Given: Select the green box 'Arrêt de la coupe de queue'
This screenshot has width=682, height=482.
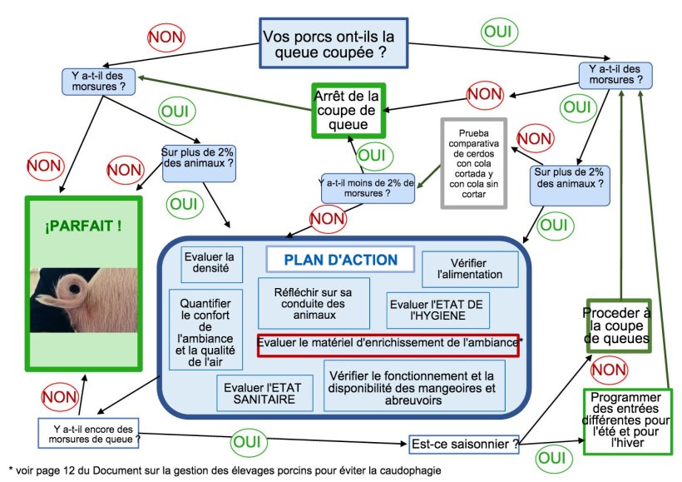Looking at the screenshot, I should (350, 110).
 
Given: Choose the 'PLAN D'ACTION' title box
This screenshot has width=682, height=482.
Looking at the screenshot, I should (341, 260).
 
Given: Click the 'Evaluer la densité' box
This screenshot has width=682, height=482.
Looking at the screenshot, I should (212, 262).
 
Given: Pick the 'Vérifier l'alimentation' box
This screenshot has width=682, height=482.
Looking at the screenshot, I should (470, 268).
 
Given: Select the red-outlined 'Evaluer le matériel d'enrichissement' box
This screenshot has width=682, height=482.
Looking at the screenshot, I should (388, 344).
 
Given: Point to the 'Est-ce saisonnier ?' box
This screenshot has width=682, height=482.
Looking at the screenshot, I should (464, 444).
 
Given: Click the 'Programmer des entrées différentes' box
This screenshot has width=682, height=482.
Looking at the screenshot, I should (627, 421).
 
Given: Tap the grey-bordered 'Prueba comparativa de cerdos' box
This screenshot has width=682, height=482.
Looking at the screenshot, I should (472, 164).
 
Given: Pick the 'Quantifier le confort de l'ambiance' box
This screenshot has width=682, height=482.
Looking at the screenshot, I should (206, 329).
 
